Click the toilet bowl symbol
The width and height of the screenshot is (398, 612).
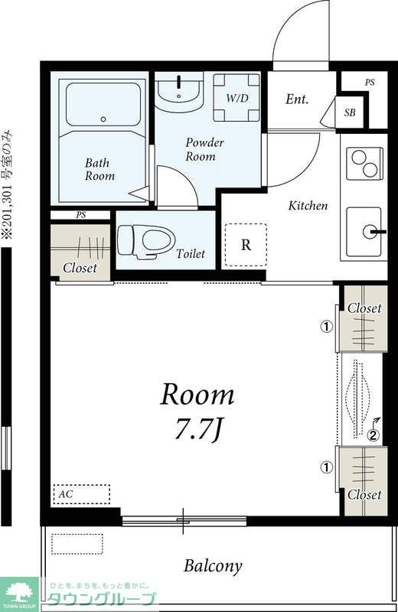click(x=145, y=241)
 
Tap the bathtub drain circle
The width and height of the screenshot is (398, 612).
click(x=103, y=119)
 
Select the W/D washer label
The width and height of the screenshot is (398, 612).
click(x=237, y=98)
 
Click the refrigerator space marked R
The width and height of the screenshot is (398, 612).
click(x=246, y=245)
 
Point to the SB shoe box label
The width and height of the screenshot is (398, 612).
click(x=350, y=112)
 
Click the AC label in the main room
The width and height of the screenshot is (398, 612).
click(x=65, y=494)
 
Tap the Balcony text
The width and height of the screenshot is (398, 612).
click(x=213, y=566)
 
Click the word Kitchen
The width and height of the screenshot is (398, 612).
click(x=308, y=206)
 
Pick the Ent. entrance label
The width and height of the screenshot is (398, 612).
click(x=297, y=99)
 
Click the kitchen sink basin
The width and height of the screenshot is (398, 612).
click(x=364, y=232)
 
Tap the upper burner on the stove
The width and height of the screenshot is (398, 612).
click(x=358, y=158)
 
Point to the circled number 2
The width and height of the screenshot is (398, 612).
click(x=374, y=435)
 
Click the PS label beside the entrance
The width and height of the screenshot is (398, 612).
click(x=370, y=83)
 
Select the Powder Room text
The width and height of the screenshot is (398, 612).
click(x=204, y=149)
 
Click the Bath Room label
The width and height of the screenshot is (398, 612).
click(x=99, y=169)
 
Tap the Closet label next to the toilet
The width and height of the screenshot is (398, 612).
click(x=80, y=268)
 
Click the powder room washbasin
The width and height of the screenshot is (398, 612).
click(x=179, y=92)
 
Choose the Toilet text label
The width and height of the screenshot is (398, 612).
click(x=191, y=254)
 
